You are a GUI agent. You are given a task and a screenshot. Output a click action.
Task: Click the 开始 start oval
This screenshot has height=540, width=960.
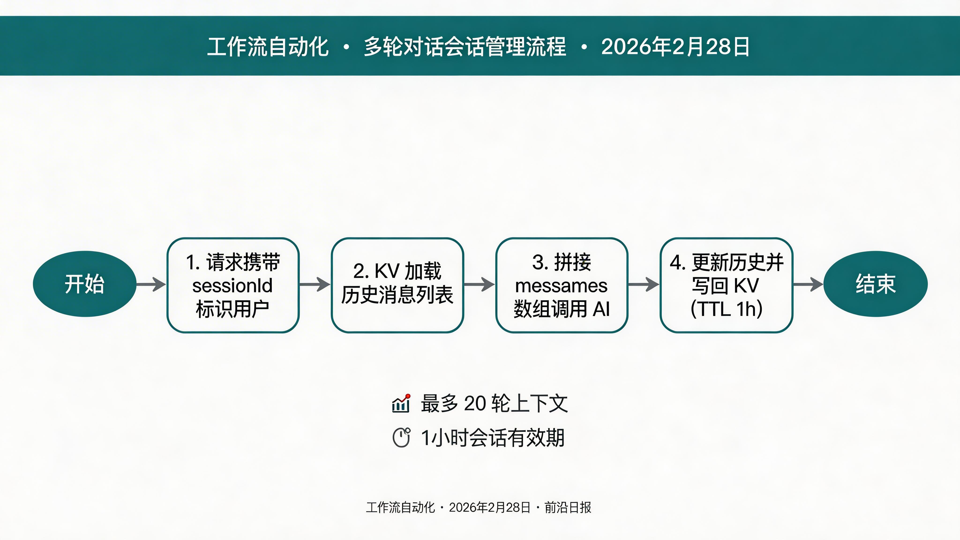tap(85, 284)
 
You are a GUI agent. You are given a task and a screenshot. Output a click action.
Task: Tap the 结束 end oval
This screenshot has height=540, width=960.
tap(875, 284)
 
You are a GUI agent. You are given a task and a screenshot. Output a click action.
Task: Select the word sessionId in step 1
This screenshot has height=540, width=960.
tap(232, 286)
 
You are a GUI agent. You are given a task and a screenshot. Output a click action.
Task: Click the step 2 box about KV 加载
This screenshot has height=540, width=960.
tap(397, 285)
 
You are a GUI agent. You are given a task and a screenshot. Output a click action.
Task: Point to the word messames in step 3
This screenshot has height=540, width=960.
tap(561, 286)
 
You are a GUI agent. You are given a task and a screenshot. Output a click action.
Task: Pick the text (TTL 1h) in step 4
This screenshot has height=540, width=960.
tap(726, 309)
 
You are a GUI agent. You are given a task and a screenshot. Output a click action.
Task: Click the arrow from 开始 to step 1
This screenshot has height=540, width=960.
tap(151, 284)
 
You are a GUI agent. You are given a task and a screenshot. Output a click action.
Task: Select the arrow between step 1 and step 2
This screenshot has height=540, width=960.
tap(315, 284)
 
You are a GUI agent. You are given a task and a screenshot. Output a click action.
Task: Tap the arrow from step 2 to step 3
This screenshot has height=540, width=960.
tap(479, 284)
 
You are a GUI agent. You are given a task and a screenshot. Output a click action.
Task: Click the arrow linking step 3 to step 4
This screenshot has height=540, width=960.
tap(644, 284)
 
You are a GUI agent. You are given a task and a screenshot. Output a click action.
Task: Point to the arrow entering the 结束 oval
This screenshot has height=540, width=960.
tap(808, 284)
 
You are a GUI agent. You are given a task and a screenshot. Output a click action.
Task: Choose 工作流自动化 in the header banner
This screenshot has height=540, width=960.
tap(268, 47)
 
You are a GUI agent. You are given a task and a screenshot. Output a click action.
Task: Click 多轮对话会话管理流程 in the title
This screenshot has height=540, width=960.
tap(465, 47)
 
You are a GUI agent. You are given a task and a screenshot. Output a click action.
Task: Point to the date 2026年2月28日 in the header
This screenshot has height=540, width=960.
tap(675, 47)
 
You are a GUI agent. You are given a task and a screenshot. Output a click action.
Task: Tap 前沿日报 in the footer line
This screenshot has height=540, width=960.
tap(568, 507)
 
